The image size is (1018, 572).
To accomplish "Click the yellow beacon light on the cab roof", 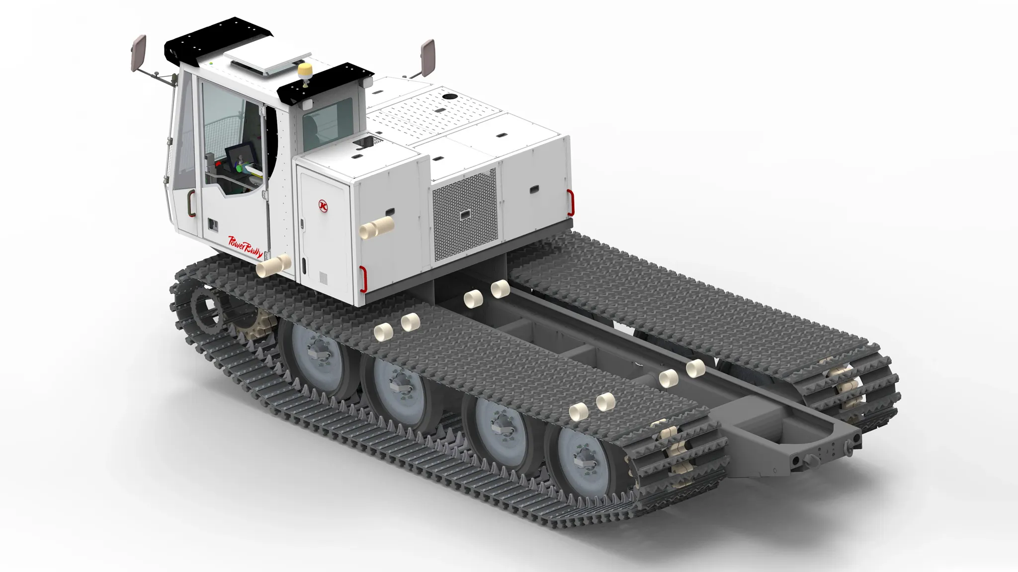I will tap(303, 70).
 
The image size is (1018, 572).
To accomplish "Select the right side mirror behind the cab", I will tap(427, 57).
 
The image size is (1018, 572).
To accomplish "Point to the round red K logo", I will tap(324, 205).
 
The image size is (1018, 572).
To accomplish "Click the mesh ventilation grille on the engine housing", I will tap(464, 214).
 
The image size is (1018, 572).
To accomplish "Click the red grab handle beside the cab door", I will tap(191, 204).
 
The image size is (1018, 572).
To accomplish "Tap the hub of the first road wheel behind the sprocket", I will tap(316, 350).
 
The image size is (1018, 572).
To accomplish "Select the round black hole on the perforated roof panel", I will tap(449, 96).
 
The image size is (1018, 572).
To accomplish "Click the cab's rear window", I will tap(327, 124).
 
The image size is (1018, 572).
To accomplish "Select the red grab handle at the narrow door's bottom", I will tap(363, 278).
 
